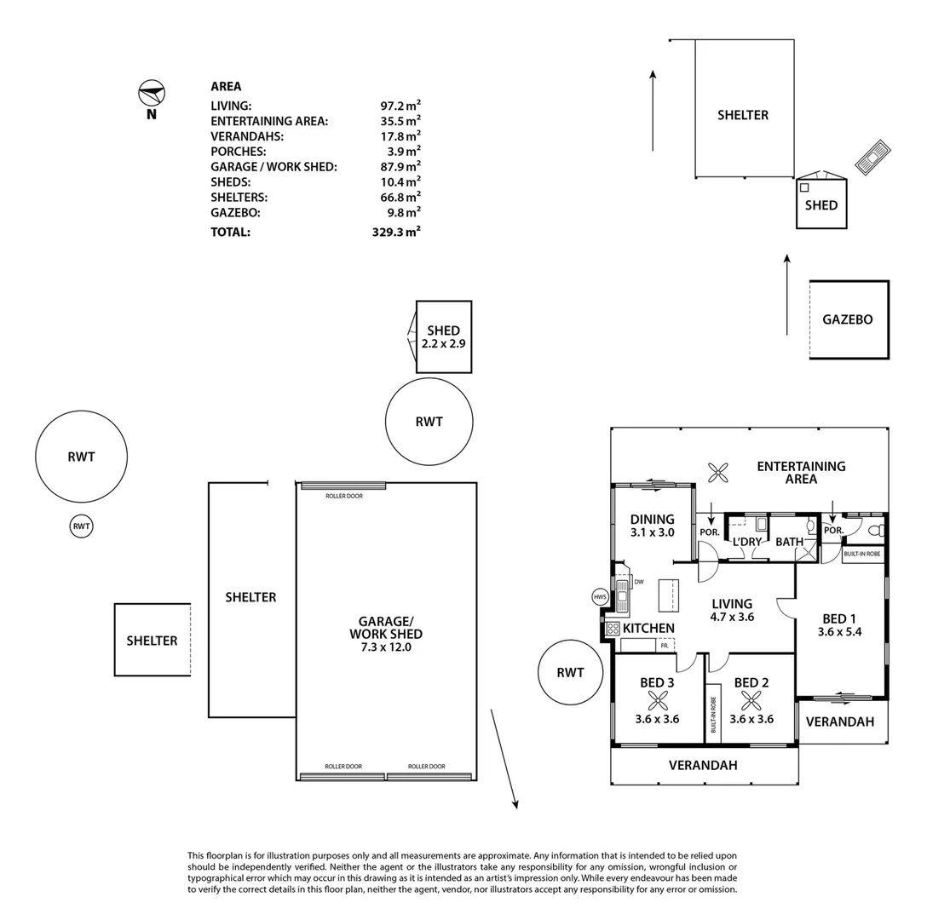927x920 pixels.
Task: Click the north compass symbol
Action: (152, 94)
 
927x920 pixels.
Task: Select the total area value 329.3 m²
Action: (396, 232)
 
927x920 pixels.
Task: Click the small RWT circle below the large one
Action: (81, 526)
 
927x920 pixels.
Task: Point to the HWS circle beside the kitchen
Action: (600, 597)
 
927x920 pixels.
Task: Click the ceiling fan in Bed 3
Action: (658, 701)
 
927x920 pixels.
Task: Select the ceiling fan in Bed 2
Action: (751, 701)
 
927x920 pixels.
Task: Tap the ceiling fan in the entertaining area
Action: (717, 473)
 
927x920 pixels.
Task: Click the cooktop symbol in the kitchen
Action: (613, 629)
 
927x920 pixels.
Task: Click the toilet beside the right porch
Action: (878, 531)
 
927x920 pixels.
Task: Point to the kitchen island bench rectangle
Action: (669, 595)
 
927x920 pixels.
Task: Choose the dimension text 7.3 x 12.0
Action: (386, 647)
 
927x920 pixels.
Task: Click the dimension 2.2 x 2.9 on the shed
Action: (443, 343)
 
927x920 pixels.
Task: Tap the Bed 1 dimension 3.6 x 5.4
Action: (839, 632)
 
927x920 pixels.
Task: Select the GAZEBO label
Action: (848, 320)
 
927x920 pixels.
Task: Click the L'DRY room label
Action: (747, 542)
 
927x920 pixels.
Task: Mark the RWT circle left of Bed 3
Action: (571, 672)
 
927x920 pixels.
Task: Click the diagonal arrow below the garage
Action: (504, 759)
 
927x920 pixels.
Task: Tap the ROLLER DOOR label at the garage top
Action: (344, 496)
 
